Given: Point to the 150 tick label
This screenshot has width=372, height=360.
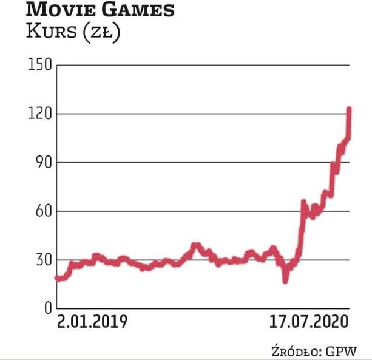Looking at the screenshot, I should pos(38,65).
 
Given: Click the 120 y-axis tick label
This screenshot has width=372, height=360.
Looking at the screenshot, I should pos(38,114).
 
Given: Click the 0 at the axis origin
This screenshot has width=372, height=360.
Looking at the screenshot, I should pos(46,308).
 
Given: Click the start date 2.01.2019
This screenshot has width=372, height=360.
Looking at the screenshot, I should pos(92,321).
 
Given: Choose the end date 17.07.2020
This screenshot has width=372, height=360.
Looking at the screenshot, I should pos(309,321).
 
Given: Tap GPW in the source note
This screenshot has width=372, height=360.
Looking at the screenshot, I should pos(342,350).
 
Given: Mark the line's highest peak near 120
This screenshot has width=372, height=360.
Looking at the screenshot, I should pos(349,110).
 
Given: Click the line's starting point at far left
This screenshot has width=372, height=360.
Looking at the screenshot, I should pos(56,278).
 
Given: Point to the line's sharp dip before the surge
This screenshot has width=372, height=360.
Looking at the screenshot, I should pos(285,280).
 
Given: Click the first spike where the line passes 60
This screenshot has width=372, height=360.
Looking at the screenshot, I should pos(303,202).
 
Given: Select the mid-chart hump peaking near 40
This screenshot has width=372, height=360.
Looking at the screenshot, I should pos(195,245).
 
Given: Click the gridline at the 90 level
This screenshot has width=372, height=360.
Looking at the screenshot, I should pos(182,162).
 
